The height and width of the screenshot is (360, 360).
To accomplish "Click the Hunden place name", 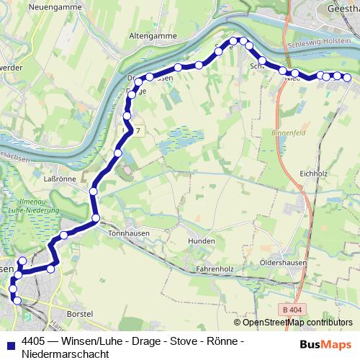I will [201, 240].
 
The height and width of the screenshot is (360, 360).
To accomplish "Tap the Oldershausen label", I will [284, 263].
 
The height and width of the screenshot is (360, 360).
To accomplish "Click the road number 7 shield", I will [137, 130].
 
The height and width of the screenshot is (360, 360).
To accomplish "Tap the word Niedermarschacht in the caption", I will [65, 354].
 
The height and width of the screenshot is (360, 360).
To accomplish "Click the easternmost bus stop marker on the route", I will [346, 77].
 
